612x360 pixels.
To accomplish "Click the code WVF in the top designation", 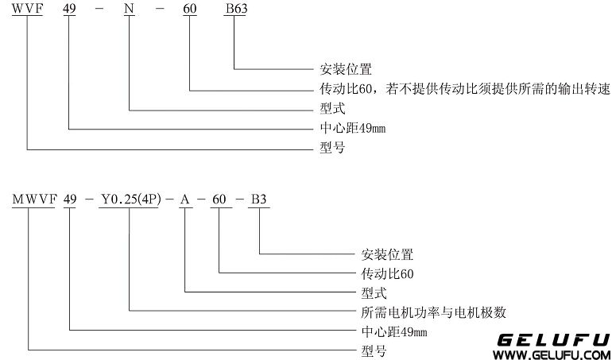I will [26, 9].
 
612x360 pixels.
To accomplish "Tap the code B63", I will [238, 9].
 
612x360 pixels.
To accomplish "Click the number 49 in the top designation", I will [70, 9].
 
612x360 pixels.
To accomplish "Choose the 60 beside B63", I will [191, 9].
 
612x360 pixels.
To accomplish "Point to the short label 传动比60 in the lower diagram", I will [378, 273].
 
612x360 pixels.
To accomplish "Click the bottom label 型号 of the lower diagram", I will [365, 350].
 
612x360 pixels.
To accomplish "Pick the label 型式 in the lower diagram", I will [365, 292].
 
